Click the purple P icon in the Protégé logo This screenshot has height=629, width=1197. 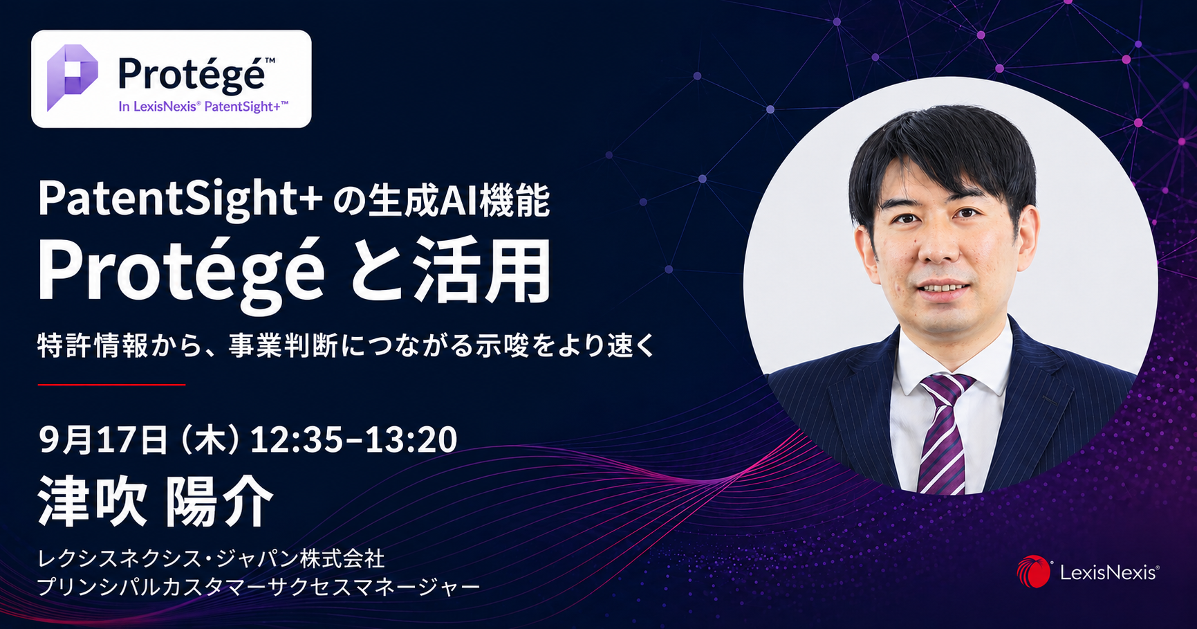point(72,78)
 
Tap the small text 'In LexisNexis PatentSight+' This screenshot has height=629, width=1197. point(203,107)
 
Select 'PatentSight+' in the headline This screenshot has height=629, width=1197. point(180,199)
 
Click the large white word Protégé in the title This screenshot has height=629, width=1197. point(181,272)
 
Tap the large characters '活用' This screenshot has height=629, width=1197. point(483,271)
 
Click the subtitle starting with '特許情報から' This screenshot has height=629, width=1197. point(346,345)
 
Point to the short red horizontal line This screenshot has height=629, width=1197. point(111,384)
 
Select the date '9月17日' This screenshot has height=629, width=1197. point(104,439)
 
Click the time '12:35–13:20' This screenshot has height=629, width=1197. point(353,439)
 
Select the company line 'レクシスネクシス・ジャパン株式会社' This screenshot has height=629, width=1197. point(211,558)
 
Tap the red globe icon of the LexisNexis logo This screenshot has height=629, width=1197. point(1033,572)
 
